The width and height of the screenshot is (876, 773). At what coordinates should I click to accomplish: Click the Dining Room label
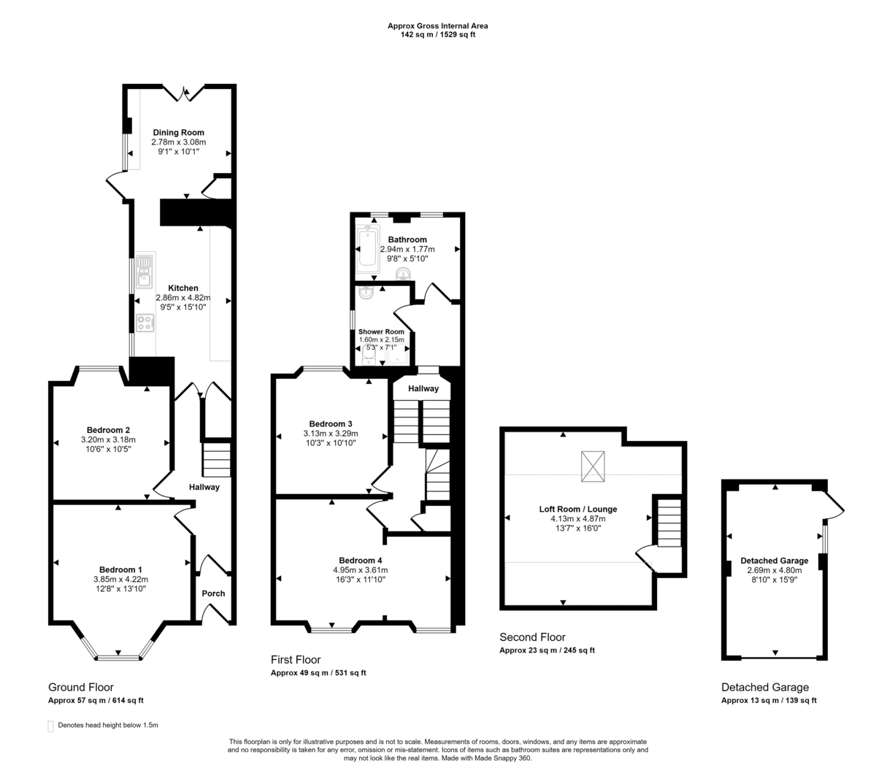tap(178, 133)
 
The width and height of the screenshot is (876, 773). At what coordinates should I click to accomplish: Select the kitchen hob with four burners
tap(145, 323)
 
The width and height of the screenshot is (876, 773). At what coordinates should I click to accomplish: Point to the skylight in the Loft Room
tap(593, 467)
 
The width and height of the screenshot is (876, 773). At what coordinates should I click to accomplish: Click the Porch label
tap(213, 593)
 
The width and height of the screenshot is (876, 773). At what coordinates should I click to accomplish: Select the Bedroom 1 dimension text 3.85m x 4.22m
tap(120, 580)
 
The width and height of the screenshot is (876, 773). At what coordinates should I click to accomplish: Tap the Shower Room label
tap(381, 331)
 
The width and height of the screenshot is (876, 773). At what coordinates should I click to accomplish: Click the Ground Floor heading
tap(80, 687)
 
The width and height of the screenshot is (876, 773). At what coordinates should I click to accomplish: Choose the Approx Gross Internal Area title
tap(437, 26)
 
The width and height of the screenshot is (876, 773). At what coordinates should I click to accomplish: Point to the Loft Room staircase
tap(669, 523)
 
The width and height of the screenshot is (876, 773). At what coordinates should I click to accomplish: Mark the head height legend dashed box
tap(50, 726)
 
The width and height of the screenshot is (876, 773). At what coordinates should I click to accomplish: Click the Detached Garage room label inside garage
tap(774, 561)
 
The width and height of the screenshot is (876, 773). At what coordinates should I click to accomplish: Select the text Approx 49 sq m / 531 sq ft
tap(318, 673)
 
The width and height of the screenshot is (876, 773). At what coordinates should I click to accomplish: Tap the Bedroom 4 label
tap(360, 561)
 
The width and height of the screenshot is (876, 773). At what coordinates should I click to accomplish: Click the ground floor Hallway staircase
tap(216, 460)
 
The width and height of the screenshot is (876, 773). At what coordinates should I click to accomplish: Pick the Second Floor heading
tap(532, 637)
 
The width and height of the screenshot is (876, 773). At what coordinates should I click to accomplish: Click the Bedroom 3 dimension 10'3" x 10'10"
tap(330, 443)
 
